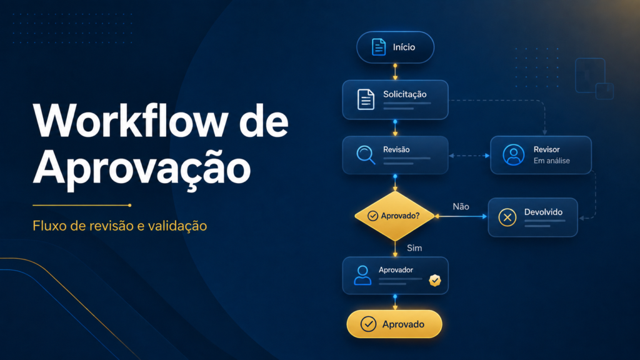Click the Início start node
point(395,47)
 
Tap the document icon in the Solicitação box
point(366,99)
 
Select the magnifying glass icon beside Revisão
point(366,155)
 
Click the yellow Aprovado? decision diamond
point(395,216)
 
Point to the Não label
point(461,206)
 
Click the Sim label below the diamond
point(414,248)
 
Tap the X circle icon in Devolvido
point(507,217)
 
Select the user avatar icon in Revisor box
point(514,155)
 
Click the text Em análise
point(551,161)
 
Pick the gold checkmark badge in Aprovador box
point(435,281)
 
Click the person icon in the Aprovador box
point(362,275)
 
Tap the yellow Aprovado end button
point(394,324)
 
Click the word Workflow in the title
point(131,121)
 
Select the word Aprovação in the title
point(142,169)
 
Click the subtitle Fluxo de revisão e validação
point(119,226)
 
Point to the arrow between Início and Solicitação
point(395,72)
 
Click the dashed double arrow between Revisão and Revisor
point(469,156)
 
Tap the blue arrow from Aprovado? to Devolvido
point(461,216)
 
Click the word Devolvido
point(543,212)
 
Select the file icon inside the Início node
point(378,47)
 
